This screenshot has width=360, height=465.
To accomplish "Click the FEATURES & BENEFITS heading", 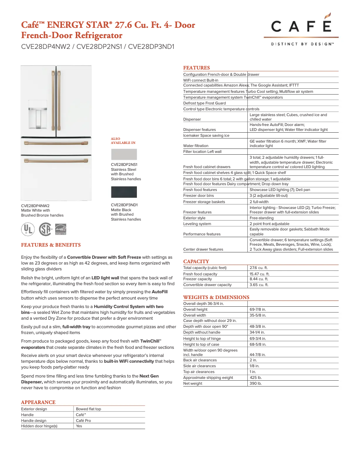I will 51,245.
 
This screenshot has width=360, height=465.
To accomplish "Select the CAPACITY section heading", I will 196,261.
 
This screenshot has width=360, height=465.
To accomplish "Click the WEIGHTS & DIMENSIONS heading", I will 216,297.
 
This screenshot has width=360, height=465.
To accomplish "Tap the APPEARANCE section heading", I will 38,402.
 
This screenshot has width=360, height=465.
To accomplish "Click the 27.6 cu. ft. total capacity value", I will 259,268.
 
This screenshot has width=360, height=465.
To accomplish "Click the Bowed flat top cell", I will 88,409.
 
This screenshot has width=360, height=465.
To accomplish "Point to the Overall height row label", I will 195,309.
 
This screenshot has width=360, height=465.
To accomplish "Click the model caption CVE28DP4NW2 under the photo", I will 35,205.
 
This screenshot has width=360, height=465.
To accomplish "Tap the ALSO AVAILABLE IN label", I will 123,140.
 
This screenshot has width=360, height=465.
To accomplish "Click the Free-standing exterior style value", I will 261,218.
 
